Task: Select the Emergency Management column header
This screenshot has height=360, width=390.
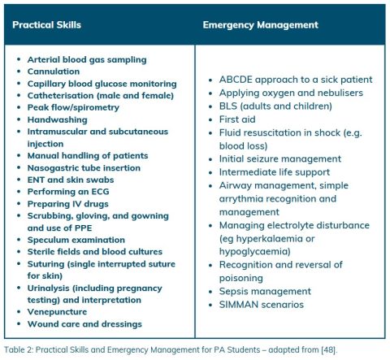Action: (260, 25)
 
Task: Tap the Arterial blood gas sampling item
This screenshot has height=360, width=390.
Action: (87, 60)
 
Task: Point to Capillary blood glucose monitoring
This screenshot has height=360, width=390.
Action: (102, 84)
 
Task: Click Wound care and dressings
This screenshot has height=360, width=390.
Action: (84, 323)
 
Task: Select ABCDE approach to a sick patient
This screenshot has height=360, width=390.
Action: (296, 80)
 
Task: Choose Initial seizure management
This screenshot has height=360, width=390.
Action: (279, 158)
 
